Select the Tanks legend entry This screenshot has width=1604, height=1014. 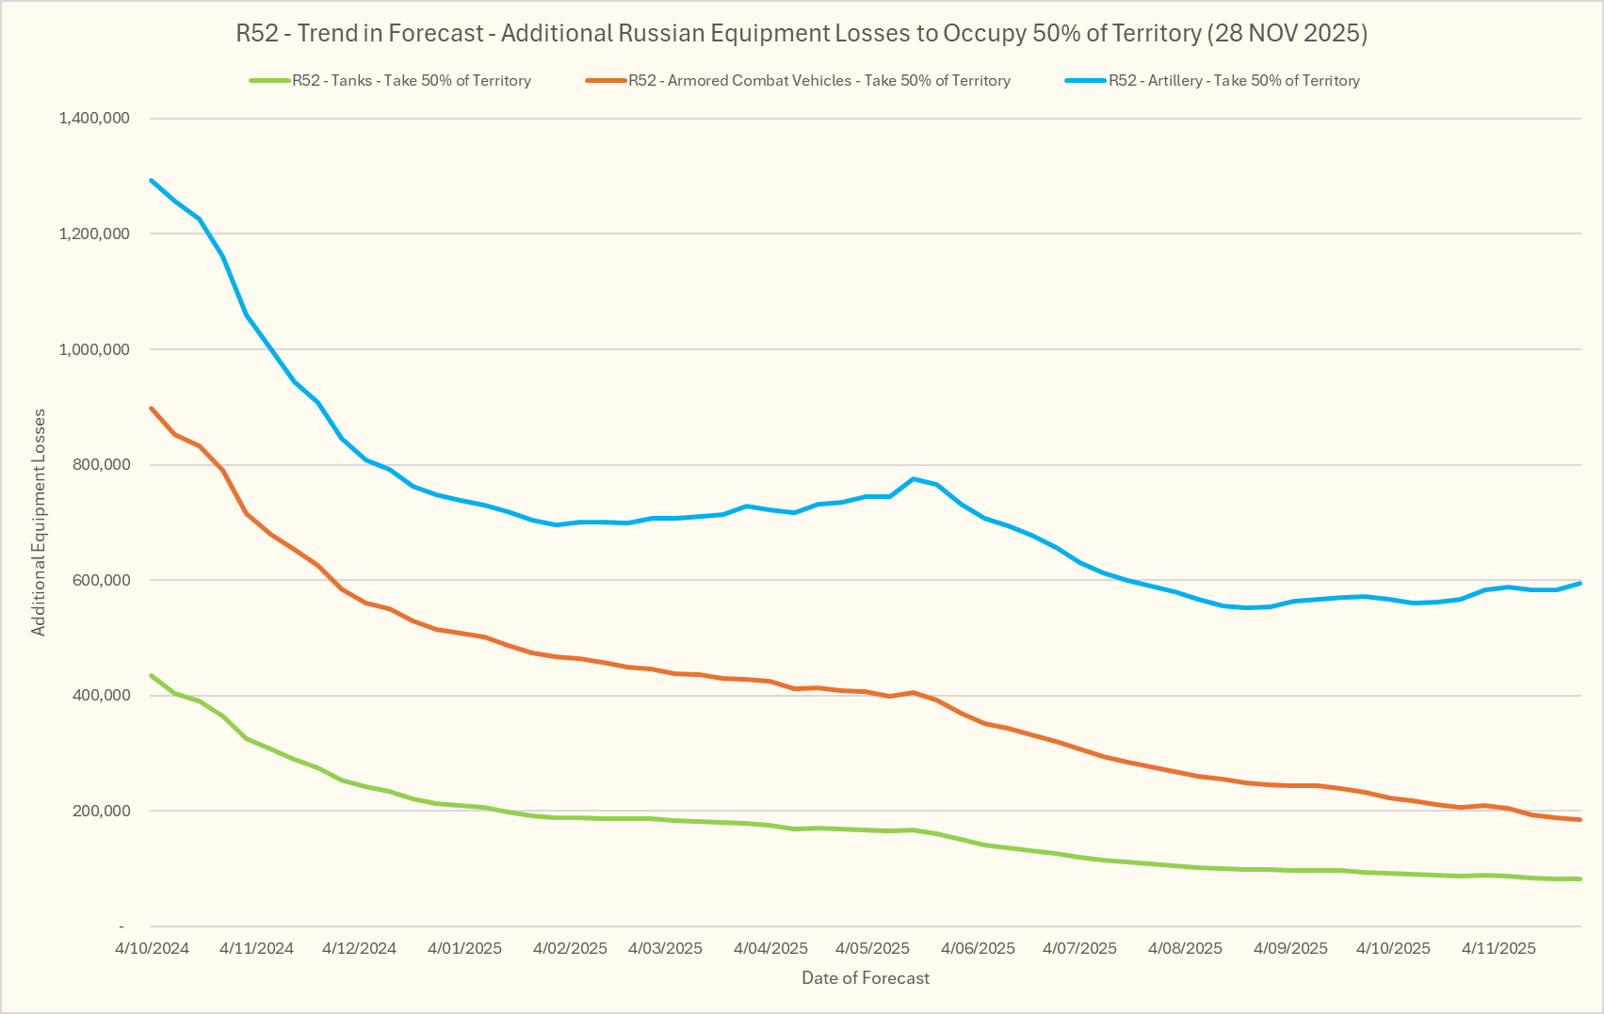click(411, 81)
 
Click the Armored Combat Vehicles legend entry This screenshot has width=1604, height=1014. click(818, 81)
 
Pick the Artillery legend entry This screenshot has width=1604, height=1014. click(1233, 81)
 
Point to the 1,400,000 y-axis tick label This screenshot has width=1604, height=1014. click(93, 119)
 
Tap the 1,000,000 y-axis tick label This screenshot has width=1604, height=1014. click(93, 349)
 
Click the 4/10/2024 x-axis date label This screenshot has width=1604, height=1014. click(153, 948)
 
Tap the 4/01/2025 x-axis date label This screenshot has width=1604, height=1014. click(465, 948)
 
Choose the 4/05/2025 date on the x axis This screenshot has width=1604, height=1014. click(873, 948)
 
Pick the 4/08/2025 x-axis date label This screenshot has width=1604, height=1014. click(1185, 948)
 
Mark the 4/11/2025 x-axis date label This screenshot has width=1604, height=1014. click(1499, 948)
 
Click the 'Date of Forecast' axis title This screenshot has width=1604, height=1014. click(866, 978)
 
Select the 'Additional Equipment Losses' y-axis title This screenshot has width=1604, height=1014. click(39, 523)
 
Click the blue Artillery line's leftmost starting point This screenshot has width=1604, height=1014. click(152, 180)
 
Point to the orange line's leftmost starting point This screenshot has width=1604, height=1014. click(152, 409)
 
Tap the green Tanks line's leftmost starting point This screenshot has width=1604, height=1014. click(152, 675)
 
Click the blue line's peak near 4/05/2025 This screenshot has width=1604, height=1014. click(914, 478)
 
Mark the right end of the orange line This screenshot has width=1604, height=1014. click(1580, 820)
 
